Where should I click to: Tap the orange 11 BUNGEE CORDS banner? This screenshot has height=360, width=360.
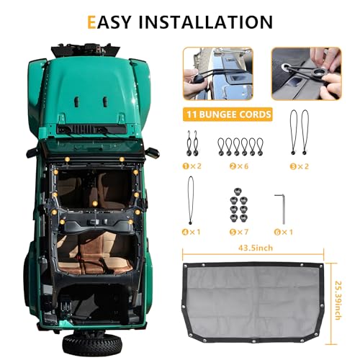click(x=228, y=113)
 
